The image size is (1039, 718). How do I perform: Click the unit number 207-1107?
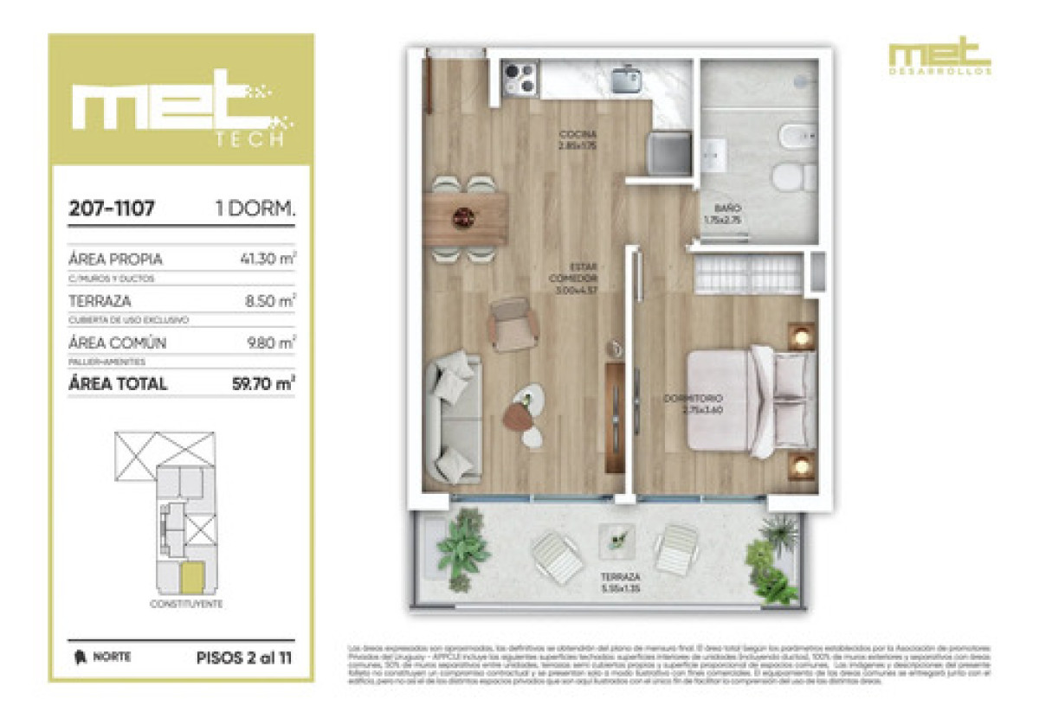click(x=112, y=208)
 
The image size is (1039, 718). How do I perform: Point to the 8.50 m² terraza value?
click(x=272, y=301)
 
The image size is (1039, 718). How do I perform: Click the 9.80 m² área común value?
click(x=271, y=343)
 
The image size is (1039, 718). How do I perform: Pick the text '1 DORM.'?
click(x=255, y=208)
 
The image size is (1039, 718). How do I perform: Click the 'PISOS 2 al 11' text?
click(x=244, y=657)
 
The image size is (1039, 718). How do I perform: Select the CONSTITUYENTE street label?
click(x=186, y=604)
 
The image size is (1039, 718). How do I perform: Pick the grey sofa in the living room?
click(x=452, y=417)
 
